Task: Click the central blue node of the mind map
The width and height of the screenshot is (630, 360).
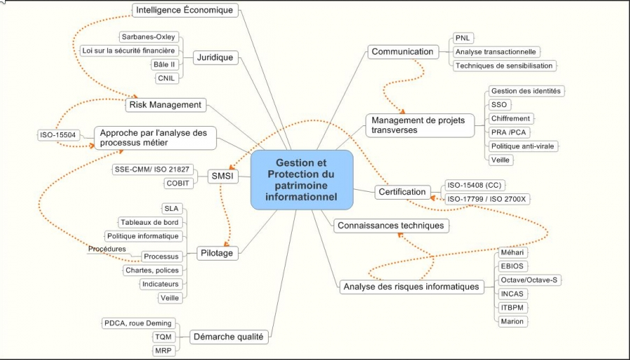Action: point(302,179)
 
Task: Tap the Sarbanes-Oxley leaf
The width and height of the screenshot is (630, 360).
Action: point(149,36)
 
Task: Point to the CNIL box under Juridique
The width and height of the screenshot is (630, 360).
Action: point(167,78)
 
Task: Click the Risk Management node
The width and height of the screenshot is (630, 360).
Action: point(166,105)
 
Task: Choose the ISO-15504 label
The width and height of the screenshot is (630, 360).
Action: point(57,134)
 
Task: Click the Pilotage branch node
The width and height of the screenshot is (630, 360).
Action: point(216,253)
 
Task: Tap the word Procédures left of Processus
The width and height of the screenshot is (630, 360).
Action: point(107,249)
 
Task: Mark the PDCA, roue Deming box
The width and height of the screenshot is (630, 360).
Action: point(137,323)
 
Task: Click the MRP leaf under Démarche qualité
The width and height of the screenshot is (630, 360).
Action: point(163,349)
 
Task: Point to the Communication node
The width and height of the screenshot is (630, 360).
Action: point(402,51)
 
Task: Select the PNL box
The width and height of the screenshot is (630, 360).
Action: point(462,37)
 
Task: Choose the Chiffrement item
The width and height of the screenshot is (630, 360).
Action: point(510,118)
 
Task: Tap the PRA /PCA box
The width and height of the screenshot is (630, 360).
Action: point(508,132)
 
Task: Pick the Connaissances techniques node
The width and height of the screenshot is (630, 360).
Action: point(390,226)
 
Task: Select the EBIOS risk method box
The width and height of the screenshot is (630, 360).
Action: point(512,266)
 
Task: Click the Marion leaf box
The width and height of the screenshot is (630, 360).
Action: point(511,321)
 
